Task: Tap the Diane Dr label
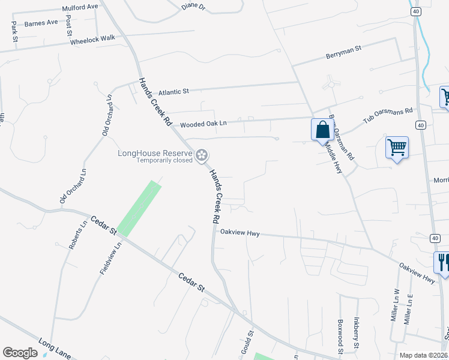tap(193, 8)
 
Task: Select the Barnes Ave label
tap(41, 23)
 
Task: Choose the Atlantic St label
tap(174, 92)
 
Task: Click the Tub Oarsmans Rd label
tap(388, 116)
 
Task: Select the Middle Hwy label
tap(334, 158)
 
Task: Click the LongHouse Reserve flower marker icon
tap(202, 155)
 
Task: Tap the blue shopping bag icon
tap(322, 129)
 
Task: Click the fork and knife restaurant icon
tap(442, 262)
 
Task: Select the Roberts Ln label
tap(74, 237)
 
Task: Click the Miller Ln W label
tap(396, 307)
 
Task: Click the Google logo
tap(20, 353)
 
